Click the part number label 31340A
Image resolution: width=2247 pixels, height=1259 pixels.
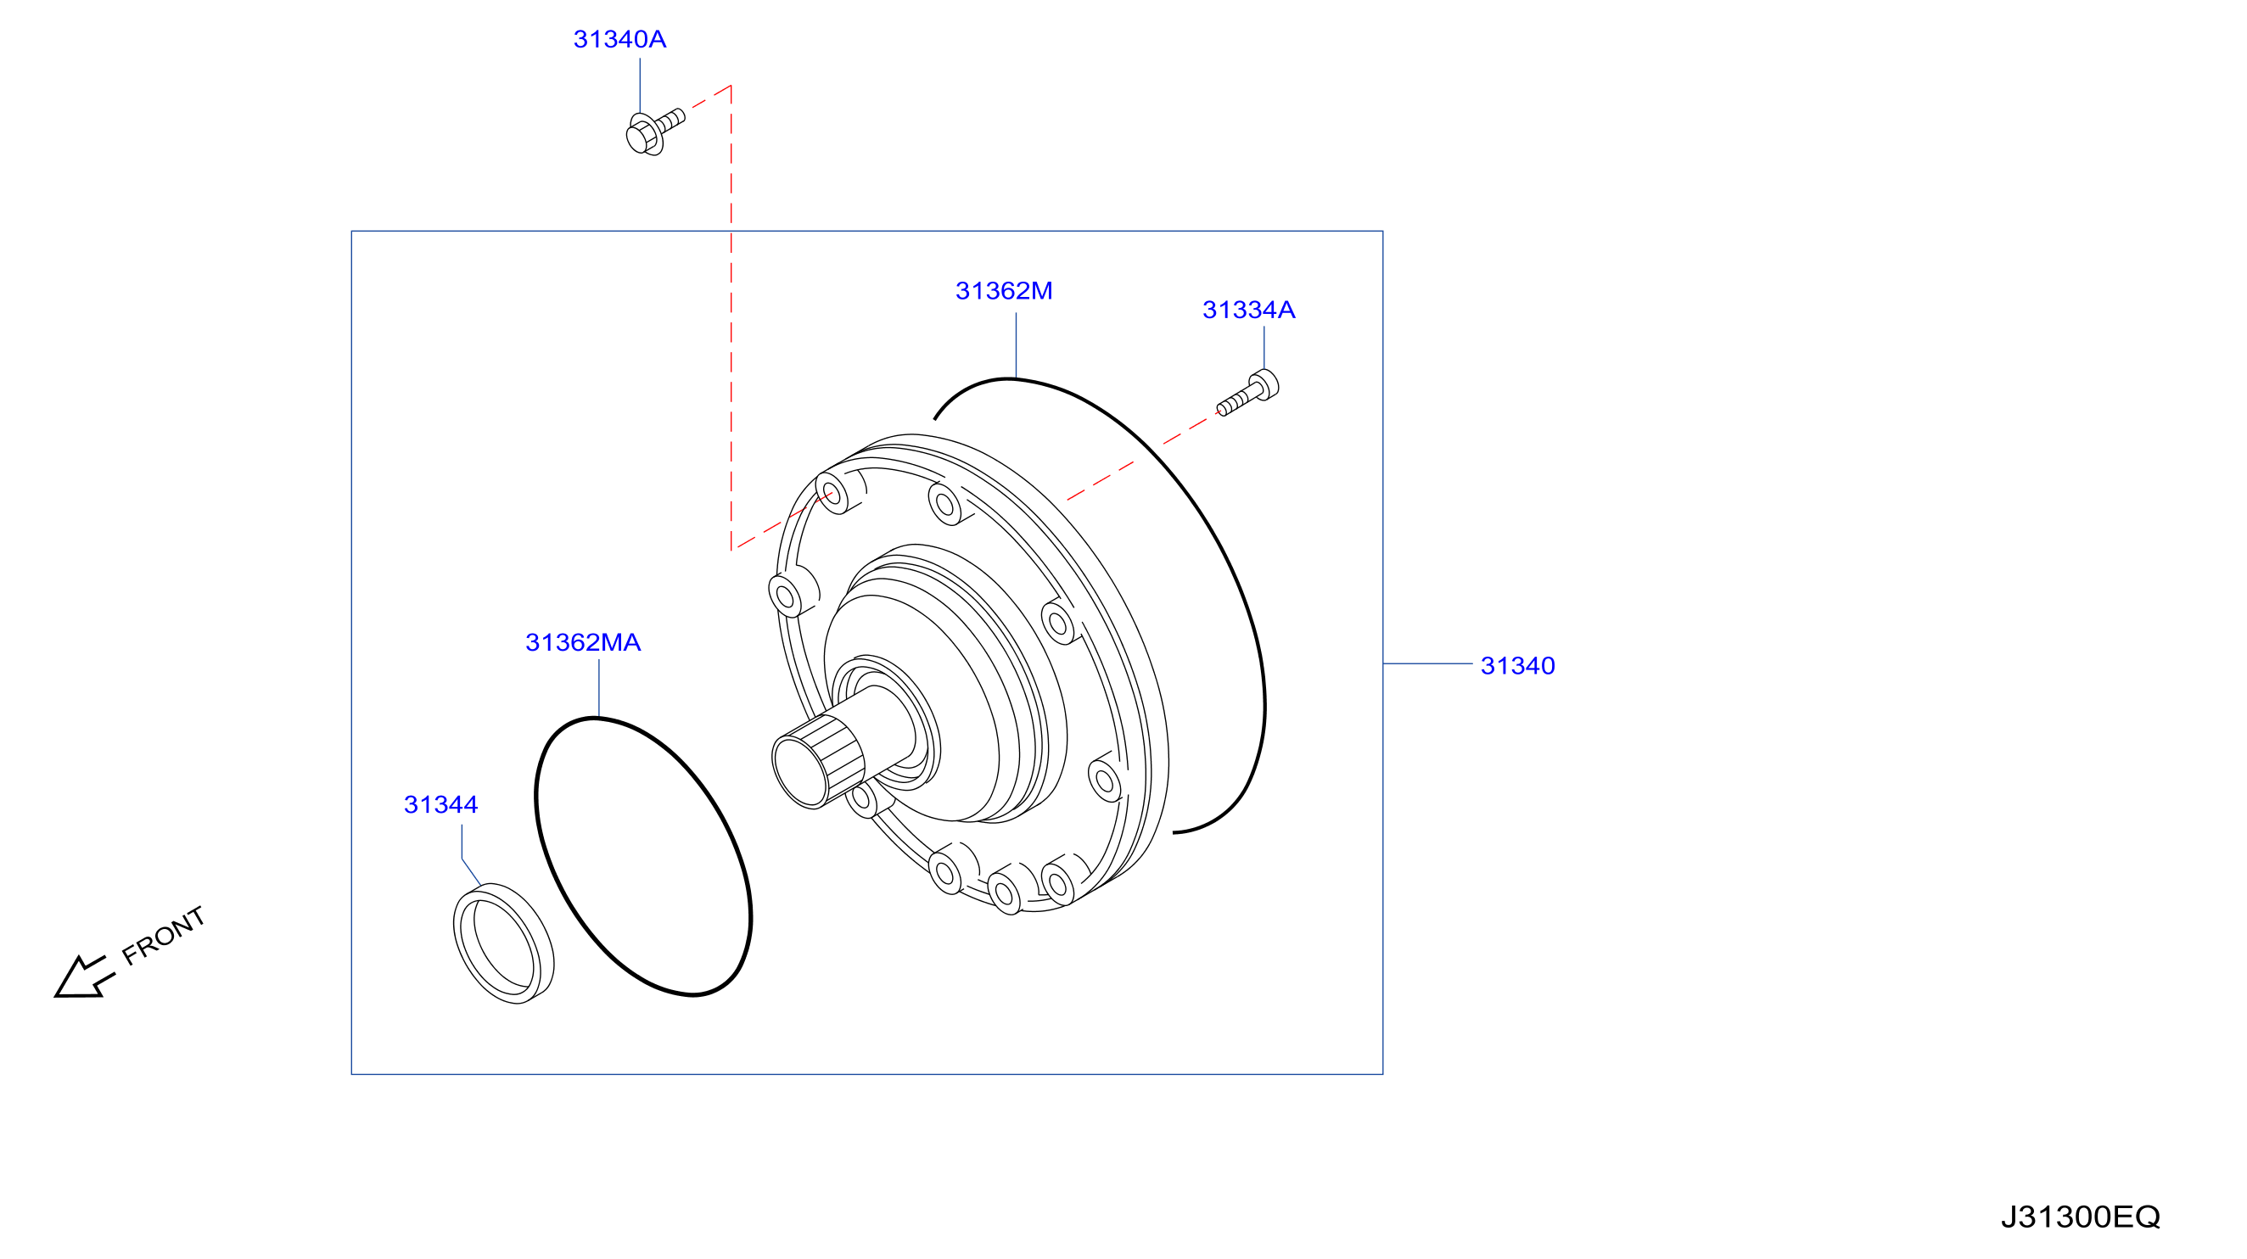(619, 39)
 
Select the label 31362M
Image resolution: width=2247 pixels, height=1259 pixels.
(1004, 291)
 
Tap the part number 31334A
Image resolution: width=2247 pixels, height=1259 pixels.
(1248, 311)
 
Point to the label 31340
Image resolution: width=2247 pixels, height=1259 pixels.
(1518, 666)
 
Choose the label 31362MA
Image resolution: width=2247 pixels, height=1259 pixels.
(583, 642)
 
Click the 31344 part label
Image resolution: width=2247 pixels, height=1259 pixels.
(440, 805)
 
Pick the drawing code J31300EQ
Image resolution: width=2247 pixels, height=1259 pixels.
(2081, 1217)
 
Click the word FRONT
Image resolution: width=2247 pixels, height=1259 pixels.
(163, 936)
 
